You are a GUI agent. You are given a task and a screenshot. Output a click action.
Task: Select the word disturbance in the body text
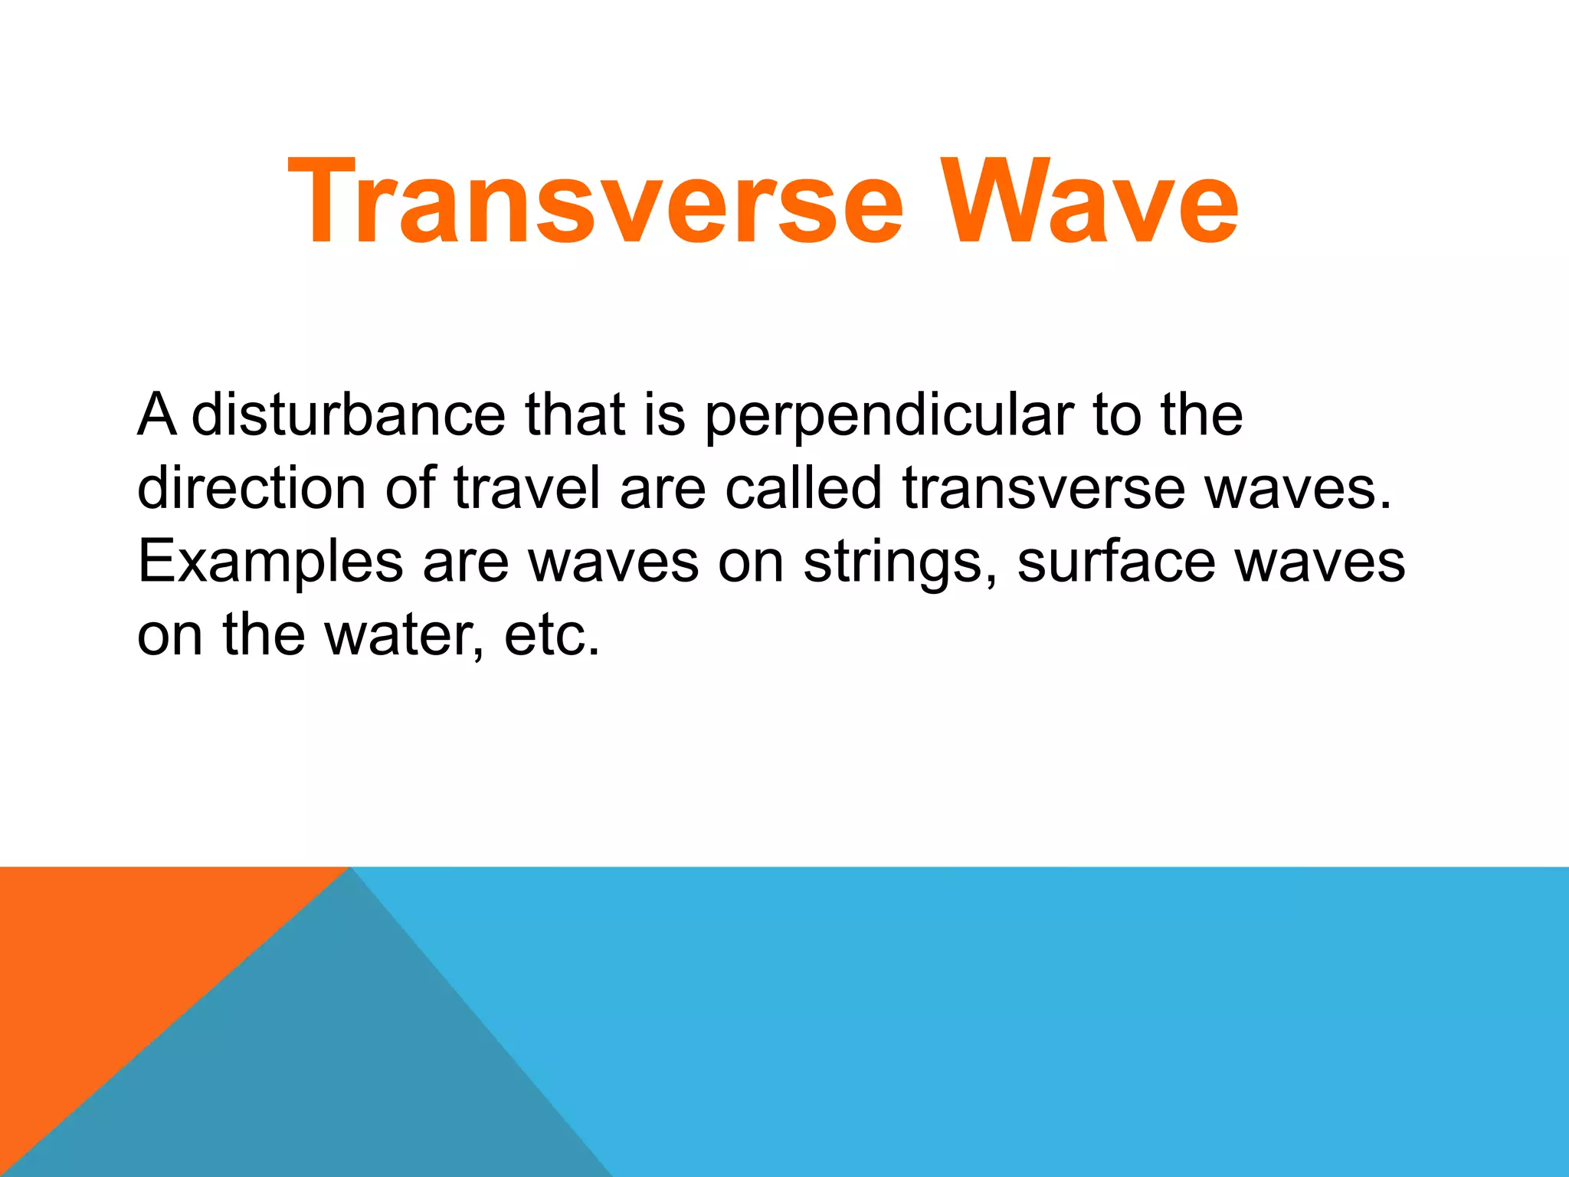(348, 415)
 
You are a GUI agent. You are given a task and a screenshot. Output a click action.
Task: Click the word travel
(527, 488)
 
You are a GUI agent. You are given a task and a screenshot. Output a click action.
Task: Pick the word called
(804, 488)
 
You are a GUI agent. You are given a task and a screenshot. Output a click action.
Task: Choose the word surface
(1115, 562)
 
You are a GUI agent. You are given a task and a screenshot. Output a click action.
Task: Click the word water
(404, 636)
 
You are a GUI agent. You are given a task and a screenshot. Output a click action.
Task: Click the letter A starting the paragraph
(156, 415)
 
